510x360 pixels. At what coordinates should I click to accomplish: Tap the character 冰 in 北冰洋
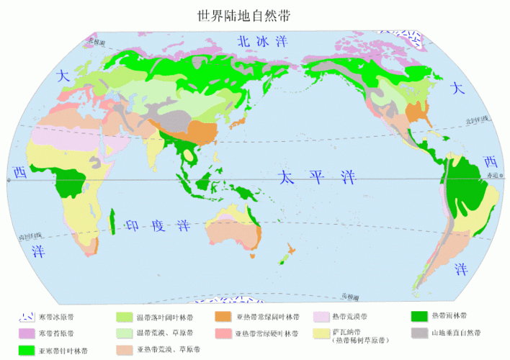(255, 42)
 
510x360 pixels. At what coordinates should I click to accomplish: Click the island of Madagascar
(113, 222)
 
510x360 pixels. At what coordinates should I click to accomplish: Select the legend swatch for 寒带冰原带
(27, 317)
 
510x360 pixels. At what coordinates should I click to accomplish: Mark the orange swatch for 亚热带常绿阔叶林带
(223, 317)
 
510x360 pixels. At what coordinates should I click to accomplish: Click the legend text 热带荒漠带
(349, 317)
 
